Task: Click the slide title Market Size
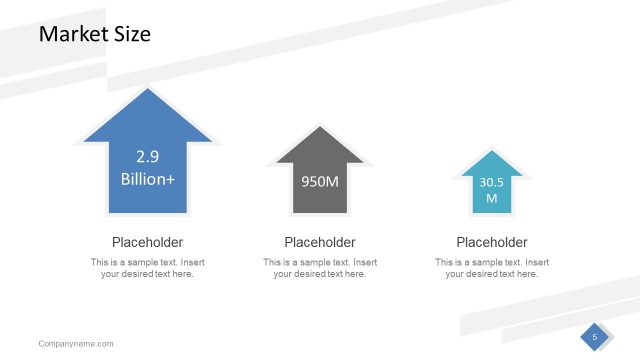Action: pos(94,34)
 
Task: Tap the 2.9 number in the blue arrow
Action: pos(147,156)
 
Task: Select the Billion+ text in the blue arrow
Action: pos(147,179)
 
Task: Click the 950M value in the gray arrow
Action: pos(320,181)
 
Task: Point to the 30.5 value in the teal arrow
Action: pos(491,182)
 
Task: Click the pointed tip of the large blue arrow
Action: pos(147,90)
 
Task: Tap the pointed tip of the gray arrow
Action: pos(320,127)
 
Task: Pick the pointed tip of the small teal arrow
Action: pos(491,152)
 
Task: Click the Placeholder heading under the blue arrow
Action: pos(147,242)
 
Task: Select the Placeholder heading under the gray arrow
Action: pos(320,242)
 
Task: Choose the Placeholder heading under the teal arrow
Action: pos(491,242)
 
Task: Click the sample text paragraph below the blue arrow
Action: pos(147,268)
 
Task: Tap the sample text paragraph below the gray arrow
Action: pos(320,268)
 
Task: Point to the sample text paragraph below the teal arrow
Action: pos(491,268)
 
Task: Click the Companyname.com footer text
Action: pos(76,344)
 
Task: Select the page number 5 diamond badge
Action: pos(594,337)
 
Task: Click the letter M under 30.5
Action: pos(491,198)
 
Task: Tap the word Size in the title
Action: pos(131,34)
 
